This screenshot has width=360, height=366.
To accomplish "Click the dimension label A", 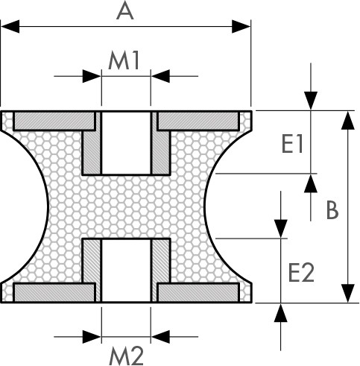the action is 125,12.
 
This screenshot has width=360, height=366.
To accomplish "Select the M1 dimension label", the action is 124,60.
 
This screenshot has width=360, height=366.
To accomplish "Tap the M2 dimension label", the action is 126,356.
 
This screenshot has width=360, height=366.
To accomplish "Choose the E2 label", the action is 301,273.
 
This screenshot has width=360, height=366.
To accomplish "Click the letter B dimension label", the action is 332,210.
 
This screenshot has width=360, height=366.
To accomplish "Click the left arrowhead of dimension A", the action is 10,26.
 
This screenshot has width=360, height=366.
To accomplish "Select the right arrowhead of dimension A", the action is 241,26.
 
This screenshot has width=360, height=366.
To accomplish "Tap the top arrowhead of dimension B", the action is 348,120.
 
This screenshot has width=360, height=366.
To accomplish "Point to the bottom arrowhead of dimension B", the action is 348,294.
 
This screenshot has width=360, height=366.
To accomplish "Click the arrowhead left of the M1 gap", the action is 92,76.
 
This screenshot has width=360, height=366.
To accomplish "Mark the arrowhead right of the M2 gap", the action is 160,337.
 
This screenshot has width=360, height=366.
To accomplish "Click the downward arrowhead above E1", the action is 311,101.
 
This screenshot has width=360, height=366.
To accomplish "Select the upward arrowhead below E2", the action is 281,313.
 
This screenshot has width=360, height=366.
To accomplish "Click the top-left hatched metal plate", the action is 54,121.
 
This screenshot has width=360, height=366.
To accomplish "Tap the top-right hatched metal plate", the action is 198,121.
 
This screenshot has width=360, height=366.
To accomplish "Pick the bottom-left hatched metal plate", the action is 54,292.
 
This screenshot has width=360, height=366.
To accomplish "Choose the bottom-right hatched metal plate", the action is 198,292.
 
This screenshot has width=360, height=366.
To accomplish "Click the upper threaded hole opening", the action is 126,143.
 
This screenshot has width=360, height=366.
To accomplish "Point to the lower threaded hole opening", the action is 126,271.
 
